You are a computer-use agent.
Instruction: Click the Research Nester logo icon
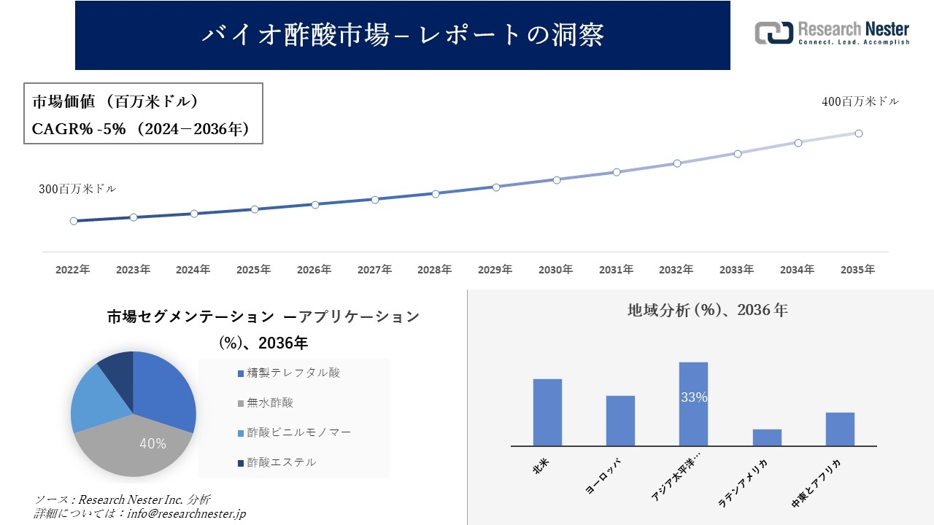click(x=773, y=33)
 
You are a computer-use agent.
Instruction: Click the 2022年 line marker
click(x=74, y=221)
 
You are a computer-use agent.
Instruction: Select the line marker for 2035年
click(x=859, y=133)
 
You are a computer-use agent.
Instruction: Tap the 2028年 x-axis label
click(x=435, y=270)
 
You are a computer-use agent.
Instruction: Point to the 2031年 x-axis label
click(x=616, y=270)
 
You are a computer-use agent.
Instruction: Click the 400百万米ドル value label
click(x=860, y=102)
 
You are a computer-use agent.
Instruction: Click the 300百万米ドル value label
click(x=77, y=189)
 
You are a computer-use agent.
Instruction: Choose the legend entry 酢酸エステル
click(x=281, y=462)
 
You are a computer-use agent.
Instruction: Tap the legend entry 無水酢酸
click(x=269, y=402)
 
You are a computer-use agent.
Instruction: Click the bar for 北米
click(x=547, y=412)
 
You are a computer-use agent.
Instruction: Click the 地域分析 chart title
click(x=707, y=310)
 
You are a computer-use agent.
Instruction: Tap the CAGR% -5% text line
click(x=142, y=129)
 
